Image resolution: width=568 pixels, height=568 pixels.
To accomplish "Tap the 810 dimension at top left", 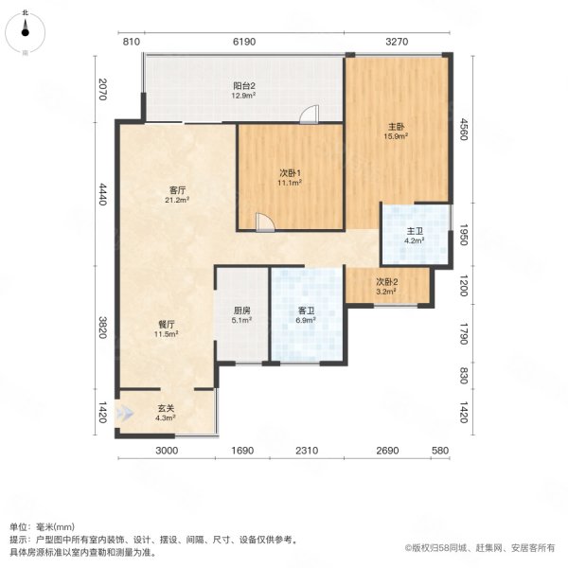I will [132, 42].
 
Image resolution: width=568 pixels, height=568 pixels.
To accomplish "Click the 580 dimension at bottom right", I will [439, 452].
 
